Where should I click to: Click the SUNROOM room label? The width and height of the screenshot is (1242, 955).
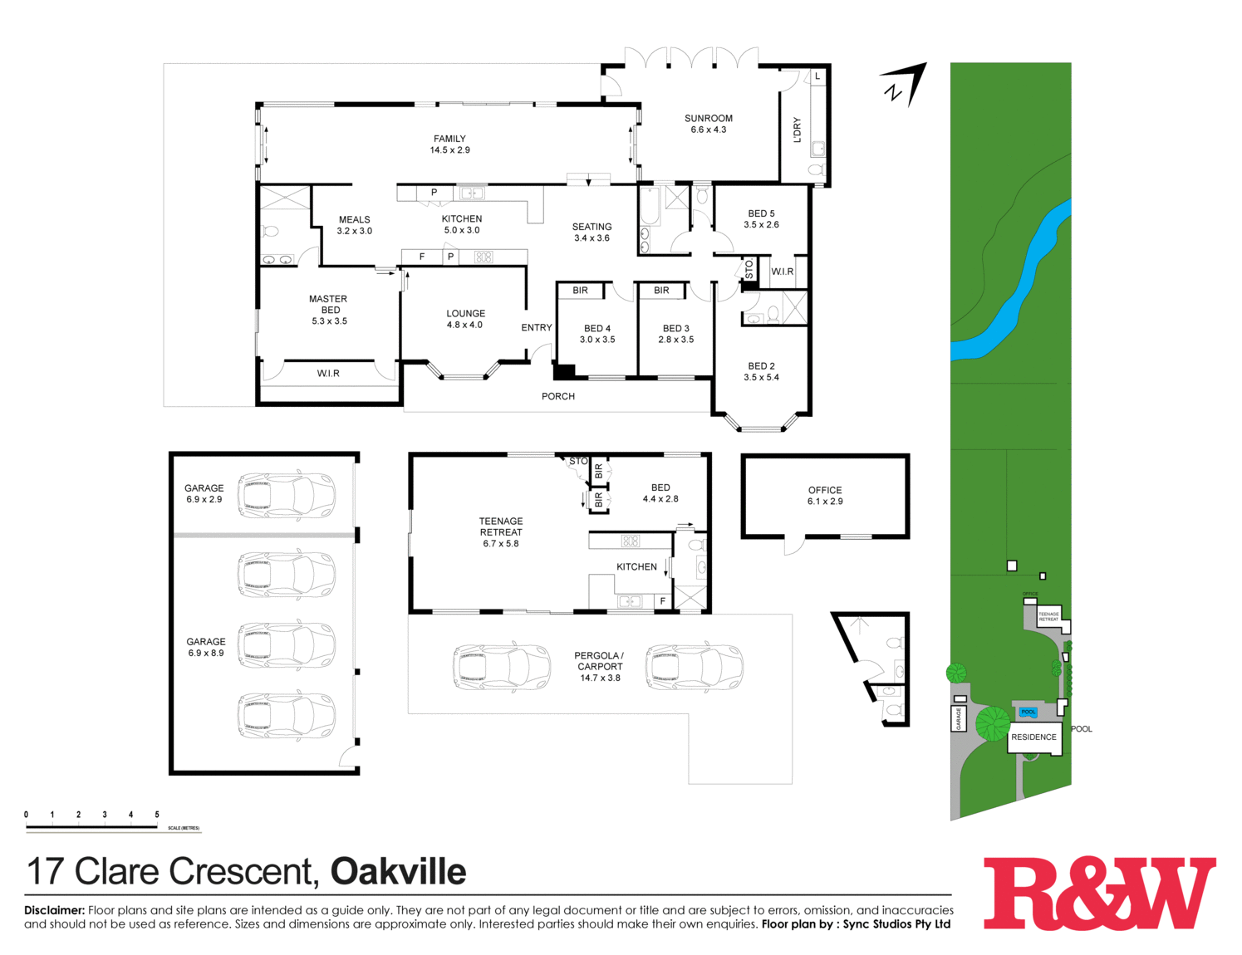pyautogui.click(x=708, y=124)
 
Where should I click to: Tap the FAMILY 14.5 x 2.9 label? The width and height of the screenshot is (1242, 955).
pyautogui.click(x=449, y=144)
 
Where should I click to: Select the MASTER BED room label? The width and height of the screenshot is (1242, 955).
pyautogui.click(x=329, y=310)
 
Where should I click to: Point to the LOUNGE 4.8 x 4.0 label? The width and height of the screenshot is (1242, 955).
pyautogui.click(x=465, y=319)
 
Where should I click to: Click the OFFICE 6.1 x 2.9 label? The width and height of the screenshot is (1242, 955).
pyautogui.click(x=825, y=496)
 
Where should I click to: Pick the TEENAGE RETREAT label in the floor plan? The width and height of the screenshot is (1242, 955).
pyautogui.click(x=501, y=532)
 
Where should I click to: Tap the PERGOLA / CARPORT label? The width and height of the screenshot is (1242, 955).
pyautogui.click(x=600, y=666)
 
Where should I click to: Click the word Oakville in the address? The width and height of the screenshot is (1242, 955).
pyautogui.click(x=398, y=872)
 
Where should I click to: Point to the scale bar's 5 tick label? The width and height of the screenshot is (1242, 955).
pyautogui.click(x=156, y=815)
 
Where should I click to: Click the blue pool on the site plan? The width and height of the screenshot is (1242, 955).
pyautogui.click(x=1028, y=712)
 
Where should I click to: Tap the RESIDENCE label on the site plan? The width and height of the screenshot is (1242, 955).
pyautogui.click(x=1033, y=737)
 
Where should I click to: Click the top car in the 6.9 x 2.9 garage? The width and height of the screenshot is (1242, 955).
pyautogui.click(x=287, y=495)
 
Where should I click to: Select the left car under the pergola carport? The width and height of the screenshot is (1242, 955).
pyautogui.click(x=502, y=667)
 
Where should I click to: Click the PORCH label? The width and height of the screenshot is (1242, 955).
pyautogui.click(x=558, y=396)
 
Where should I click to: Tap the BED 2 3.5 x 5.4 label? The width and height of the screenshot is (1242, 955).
pyautogui.click(x=761, y=371)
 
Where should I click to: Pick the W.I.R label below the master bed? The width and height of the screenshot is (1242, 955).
pyautogui.click(x=328, y=374)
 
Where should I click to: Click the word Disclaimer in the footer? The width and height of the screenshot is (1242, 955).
pyautogui.click(x=54, y=910)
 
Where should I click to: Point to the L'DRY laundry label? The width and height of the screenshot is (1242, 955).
pyautogui.click(x=798, y=130)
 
